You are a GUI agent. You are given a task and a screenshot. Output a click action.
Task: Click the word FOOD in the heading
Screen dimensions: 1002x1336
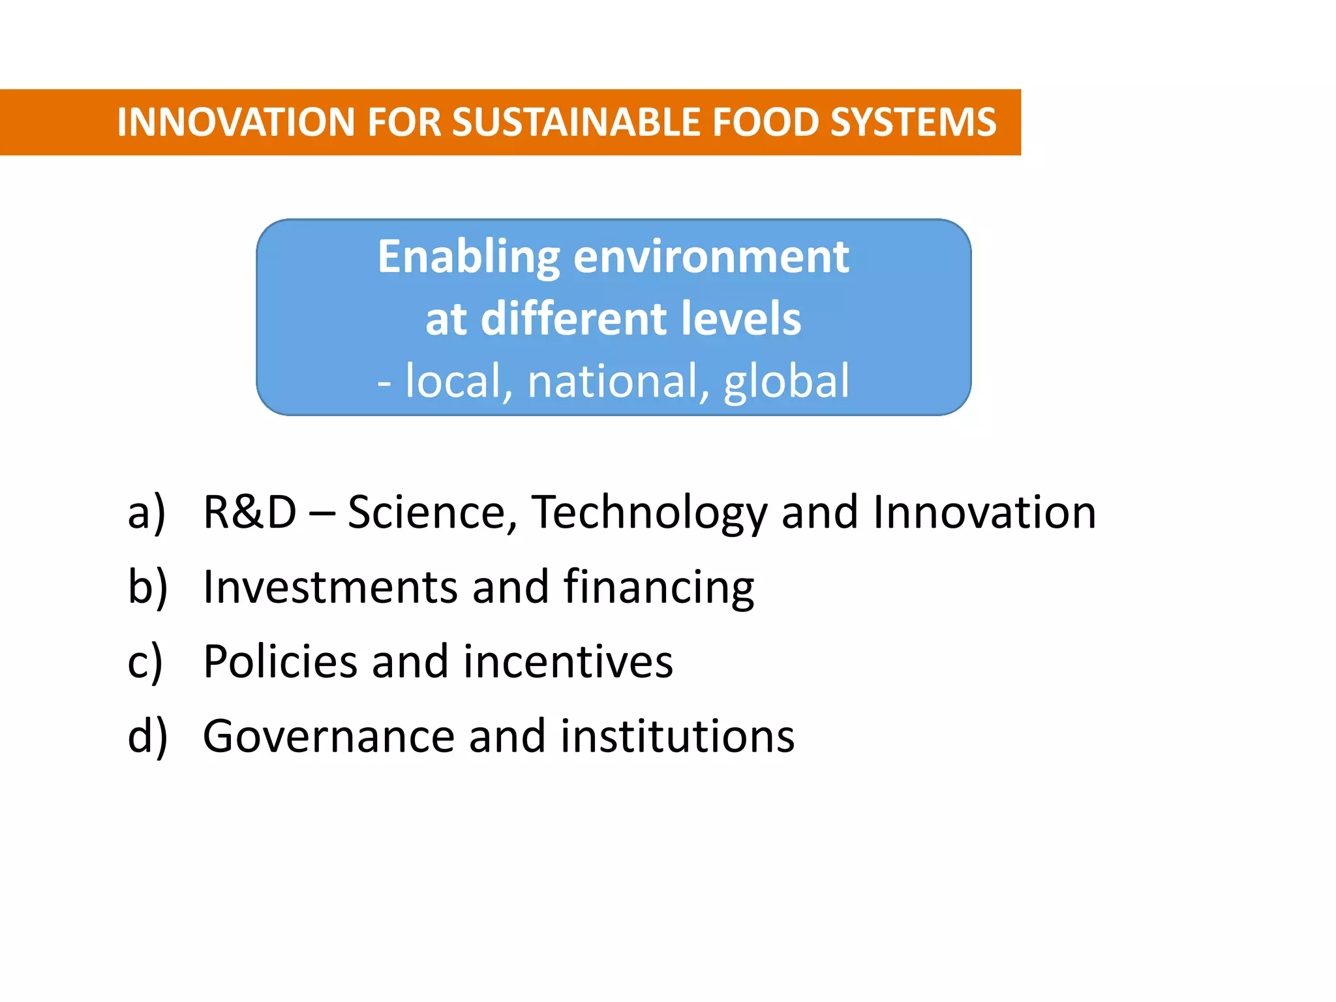(765, 122)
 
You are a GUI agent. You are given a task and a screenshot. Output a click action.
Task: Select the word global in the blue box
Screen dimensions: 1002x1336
(786, 381)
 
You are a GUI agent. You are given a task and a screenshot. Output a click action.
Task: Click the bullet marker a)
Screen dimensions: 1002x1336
(147, 513)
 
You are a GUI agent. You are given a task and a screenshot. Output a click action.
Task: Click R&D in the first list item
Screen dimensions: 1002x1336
(250, 512)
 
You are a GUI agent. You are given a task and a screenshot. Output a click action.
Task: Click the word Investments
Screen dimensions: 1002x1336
(330, 587)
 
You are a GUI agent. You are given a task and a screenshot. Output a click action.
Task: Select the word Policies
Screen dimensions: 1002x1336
(280, 661)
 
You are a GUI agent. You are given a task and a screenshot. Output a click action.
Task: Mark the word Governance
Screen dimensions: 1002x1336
(329, 736)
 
